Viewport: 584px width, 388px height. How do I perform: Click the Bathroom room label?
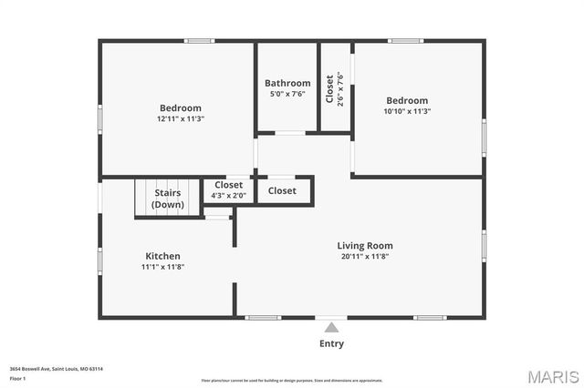pyautogui.click(x=287, y=83)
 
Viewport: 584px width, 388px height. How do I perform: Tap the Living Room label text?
pyautogui.click(x=365, y=245)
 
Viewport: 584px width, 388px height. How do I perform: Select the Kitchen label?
pyautogui.click(x=163, y=256)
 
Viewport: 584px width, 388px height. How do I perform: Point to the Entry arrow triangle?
pyautogui.click(x=332, y=327)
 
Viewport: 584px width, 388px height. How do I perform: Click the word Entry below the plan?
pyautogui.click(x=332, y=343)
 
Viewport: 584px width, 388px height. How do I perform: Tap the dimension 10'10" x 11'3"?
pyautogui.click(x=407, y=111)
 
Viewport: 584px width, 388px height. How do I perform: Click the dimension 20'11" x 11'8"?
pyautogui.click(x=365, y=256)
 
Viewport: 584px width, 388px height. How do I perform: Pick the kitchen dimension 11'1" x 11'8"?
pyautogui.click(x=163, y=267)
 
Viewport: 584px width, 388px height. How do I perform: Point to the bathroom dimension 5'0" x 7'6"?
pyautogui.click(x=287, y=93)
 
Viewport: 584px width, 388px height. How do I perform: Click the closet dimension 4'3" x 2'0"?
pyautogui.click(x=228, y=195)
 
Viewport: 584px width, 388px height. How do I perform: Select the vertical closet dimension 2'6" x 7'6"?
pyautogui.click(x=340, y=88)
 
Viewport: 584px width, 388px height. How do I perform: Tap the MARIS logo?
pyautogui.click(x=552, y=376)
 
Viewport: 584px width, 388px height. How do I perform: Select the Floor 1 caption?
pyautogui.click(x=17, y=377)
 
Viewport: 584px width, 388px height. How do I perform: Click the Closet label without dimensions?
pyautogui.click(x=282, y=190)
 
